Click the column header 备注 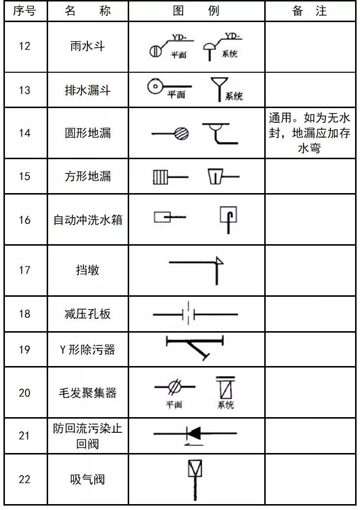coord(309,11)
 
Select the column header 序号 coord(24,11)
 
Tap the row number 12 coord(24,46)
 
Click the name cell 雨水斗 coord(87,46)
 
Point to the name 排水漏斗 coord(87,90)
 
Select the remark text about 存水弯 coord(309,133)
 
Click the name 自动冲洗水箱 coord(87,220)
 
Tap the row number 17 coord(24,270)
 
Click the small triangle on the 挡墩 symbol coord(220,261)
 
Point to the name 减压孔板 coord(87,314)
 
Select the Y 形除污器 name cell coord(87,350)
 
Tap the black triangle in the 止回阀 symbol coord(194,433)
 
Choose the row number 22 coord(24,480)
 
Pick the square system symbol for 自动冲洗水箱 coord(229,214)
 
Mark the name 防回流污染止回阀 coord(87,436)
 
